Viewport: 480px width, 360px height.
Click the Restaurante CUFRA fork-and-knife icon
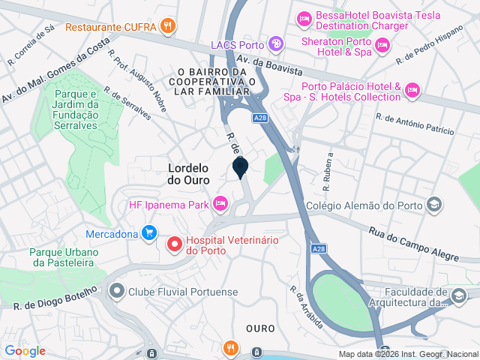point(169,26)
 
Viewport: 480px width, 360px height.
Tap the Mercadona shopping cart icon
point(149,233)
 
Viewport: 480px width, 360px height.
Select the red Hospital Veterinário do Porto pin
point(175,243)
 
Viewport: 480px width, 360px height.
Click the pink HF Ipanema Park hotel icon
point(220,203)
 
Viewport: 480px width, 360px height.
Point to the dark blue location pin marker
point(241,167)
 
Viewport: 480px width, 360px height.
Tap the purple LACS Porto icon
point(276,44)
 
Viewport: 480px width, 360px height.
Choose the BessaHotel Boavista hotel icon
point(304,17)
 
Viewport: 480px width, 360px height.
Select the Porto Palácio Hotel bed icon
point(411,91)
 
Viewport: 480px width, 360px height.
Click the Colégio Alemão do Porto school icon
point(433,205)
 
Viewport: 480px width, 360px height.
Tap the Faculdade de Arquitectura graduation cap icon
point(458,296)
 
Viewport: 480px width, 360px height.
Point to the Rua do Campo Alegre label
point(413,244)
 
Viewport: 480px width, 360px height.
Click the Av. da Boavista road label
point(268,66)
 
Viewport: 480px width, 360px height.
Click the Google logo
point(25,350)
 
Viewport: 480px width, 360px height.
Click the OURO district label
point(260,328)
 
